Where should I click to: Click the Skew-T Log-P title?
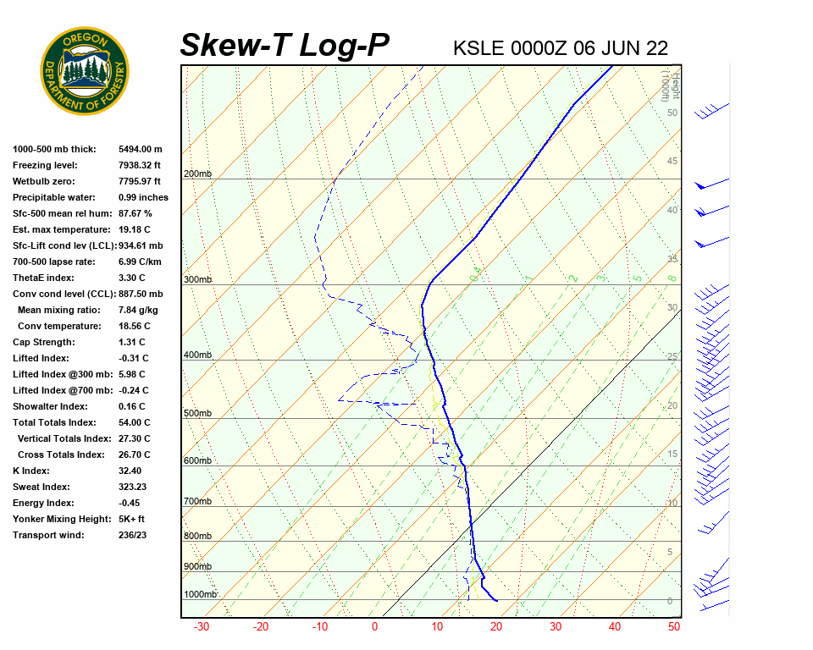tap(285, 45)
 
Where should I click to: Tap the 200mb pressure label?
tap(197, 174)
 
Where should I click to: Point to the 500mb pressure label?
tap(197, 414)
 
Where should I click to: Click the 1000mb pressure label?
tap(201, 595)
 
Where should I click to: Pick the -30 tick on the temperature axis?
tap(202, 627)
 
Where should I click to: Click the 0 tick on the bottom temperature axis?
tap(375, 627)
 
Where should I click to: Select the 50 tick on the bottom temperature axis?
tap(674, 627)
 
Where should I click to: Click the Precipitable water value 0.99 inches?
tap(143, 197)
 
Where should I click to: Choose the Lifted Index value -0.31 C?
tap(133, 358)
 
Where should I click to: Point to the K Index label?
tap(31, 471)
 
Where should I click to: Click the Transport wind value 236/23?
tap(134, 535)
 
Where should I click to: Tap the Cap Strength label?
tap(43, 342)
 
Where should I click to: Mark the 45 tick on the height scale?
tap(672, 162)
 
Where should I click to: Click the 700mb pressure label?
tap(197, 502)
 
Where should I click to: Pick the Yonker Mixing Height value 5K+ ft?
tap(132, 519)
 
